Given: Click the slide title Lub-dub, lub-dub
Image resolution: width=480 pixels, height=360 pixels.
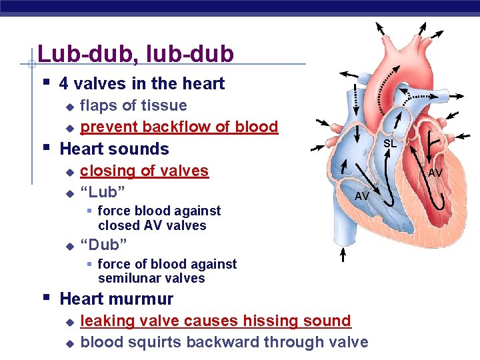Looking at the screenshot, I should pyautogui.click(x=135, y=53).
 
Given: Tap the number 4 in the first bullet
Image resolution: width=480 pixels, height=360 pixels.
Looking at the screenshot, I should pyautogui.click(x=64, y=84).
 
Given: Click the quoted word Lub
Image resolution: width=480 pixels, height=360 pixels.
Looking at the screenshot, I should pyautogui.click(x=103, y=192).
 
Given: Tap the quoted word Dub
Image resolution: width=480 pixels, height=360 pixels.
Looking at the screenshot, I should pyautogui.click(x=103, y=242).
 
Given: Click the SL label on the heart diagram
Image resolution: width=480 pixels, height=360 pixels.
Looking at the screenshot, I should pyautogui.click(x=390, y=143).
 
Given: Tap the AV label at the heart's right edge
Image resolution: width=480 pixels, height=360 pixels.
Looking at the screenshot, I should pyautogui.click(x=435, y=173).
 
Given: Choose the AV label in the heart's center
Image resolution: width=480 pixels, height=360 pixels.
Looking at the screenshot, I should pyautogui.click(x=362, y=196).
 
